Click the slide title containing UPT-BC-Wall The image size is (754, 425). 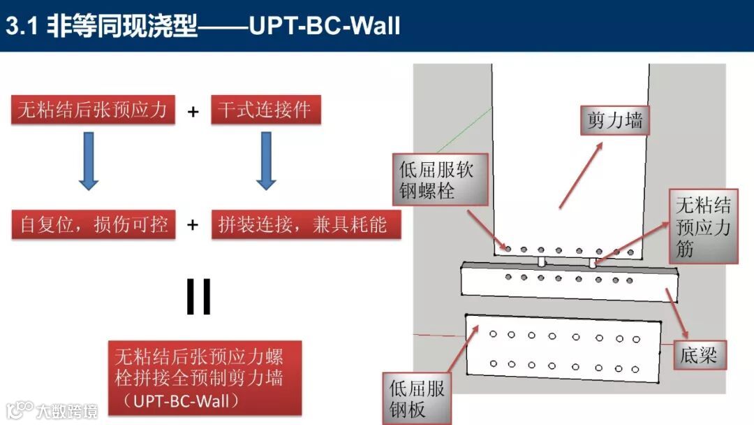pyautogui.click(x=203, y=26)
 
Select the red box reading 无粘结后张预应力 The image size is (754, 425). pyautogui.click(x=92, y=110)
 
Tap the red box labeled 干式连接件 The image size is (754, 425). pyautogui.click(x=265, y=110)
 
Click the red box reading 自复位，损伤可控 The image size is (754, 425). pyautogui.click(x=94, y=225)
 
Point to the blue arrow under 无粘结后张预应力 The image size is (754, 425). pyautogui.click(x=88, y=161)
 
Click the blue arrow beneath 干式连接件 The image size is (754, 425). pyautogui.click(x=265, y=161)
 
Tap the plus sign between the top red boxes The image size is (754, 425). pyautogui.click(x=193, y=111)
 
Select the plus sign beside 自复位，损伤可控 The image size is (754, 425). pyautogui.click(x=193, y=225)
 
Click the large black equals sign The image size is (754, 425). pyautogui.click(x=199, y=297)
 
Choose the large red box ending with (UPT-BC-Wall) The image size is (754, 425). pyautogui.click(x=205, y=377)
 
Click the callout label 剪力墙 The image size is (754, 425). pyautogui.click(x=614, y=121)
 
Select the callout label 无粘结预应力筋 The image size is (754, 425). pyautogui.click(x=703, y=226)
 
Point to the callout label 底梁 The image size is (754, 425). pyautogui.click(x=698, y=356)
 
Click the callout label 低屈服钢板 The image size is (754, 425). pyautogui.click(x=417, y=398)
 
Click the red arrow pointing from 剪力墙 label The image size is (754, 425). pyautogui.click(x=581, y=175)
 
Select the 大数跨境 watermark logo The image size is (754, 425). pyautogui.click(x=52, y=410)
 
